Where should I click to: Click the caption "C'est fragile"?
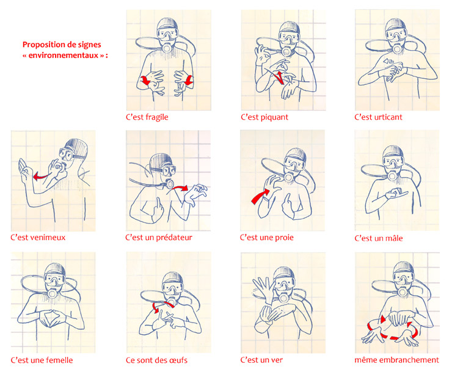click(147, 117)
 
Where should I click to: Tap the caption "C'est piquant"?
click(264, 117)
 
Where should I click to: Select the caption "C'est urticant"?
click(378, 117)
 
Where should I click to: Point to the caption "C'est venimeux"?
click(38, 238)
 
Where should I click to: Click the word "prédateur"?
click(175, 238)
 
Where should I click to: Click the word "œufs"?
click(178, 360)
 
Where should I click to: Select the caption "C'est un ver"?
click(261, 360)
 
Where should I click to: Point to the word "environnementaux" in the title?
click(64, 55)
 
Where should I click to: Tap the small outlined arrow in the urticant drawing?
click(388, 61)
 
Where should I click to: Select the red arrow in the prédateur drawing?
click(180, 188)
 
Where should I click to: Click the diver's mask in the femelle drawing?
click(55, 279)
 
